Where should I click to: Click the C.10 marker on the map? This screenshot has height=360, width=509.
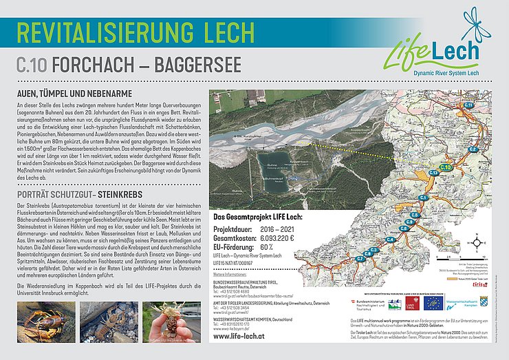(x=444, y=167)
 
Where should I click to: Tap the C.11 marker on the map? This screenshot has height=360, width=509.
(x=467, y=104)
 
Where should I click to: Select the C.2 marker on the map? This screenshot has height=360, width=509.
(x=473, y=149)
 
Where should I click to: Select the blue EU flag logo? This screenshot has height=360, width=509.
(x=433, y=303)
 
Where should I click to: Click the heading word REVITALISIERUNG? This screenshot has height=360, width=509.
(x=99, y=32)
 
